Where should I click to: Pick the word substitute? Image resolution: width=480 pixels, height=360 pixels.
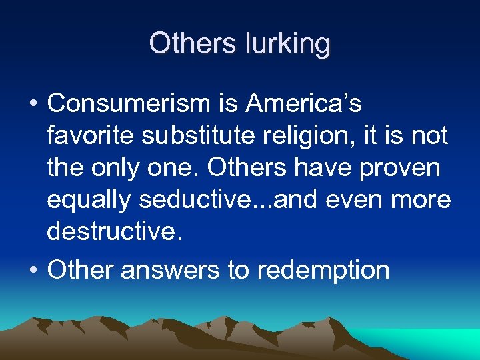(x=200, y=137)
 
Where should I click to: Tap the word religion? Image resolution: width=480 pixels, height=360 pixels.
(x=317, y=137)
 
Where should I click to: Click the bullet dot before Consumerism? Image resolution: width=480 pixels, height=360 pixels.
(x=33, y=105)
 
